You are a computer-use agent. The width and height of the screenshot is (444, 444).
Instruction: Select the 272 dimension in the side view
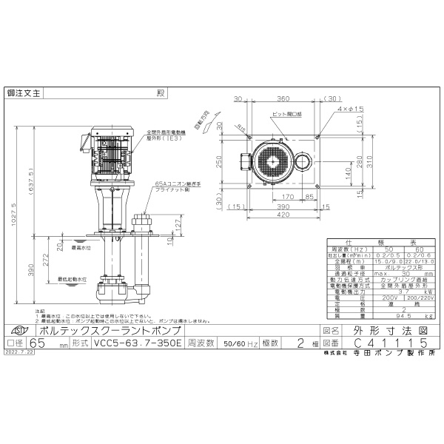pos(47,261)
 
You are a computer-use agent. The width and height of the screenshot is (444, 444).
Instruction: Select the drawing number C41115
pos(388,343)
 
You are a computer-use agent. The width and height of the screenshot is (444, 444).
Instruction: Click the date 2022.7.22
pos(19,353)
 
